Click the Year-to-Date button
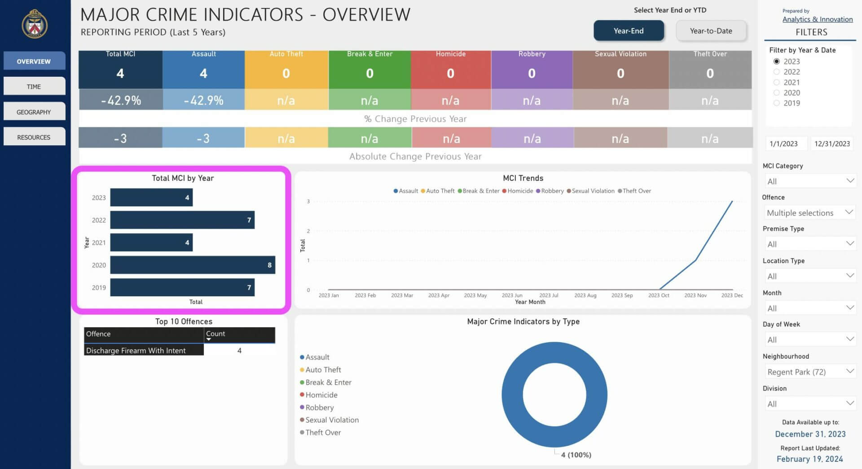(x=711, y=31)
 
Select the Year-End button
(x=629, y=31)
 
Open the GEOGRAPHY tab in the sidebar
(x=34, y=112)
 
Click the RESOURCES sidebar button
(x=34, y=137)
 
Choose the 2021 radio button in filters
(x=777, y=82)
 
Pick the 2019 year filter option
(x=777, y=103)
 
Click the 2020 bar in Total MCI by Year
(x=193, y=265)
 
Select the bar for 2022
(x=182, y=220)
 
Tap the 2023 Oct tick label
(x=659, y=295)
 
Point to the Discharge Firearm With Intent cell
(x=144, y=350)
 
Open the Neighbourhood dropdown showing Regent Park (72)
(x=809, y=372)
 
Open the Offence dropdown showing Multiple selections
(x=809, y=213)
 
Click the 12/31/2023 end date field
(x=832, y=143)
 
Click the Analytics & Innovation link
(x=818, y=19)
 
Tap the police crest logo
(x=35, y=24)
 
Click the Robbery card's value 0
(x=532, y=73)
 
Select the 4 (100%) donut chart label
(x=576, y=455)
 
